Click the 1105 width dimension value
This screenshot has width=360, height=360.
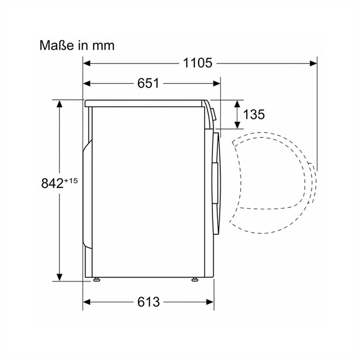[197, 63]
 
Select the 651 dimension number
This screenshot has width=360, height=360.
[148, 83]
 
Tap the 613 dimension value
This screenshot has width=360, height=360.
[148, 302]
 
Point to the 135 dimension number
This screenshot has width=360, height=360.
[254, 115]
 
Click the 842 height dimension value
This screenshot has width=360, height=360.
[52, 184]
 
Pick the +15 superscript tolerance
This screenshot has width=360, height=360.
[71, 181]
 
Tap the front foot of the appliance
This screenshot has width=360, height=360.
[195, 280]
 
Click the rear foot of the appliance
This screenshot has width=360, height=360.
[97, 280]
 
